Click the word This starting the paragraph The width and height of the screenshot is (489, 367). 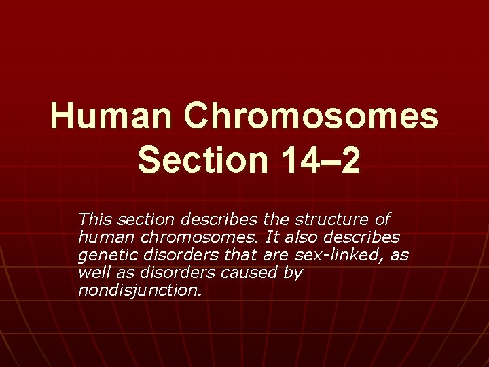(94, 219)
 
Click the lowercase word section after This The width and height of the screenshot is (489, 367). (141, 219)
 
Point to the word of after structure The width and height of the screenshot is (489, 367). (383, 219)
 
